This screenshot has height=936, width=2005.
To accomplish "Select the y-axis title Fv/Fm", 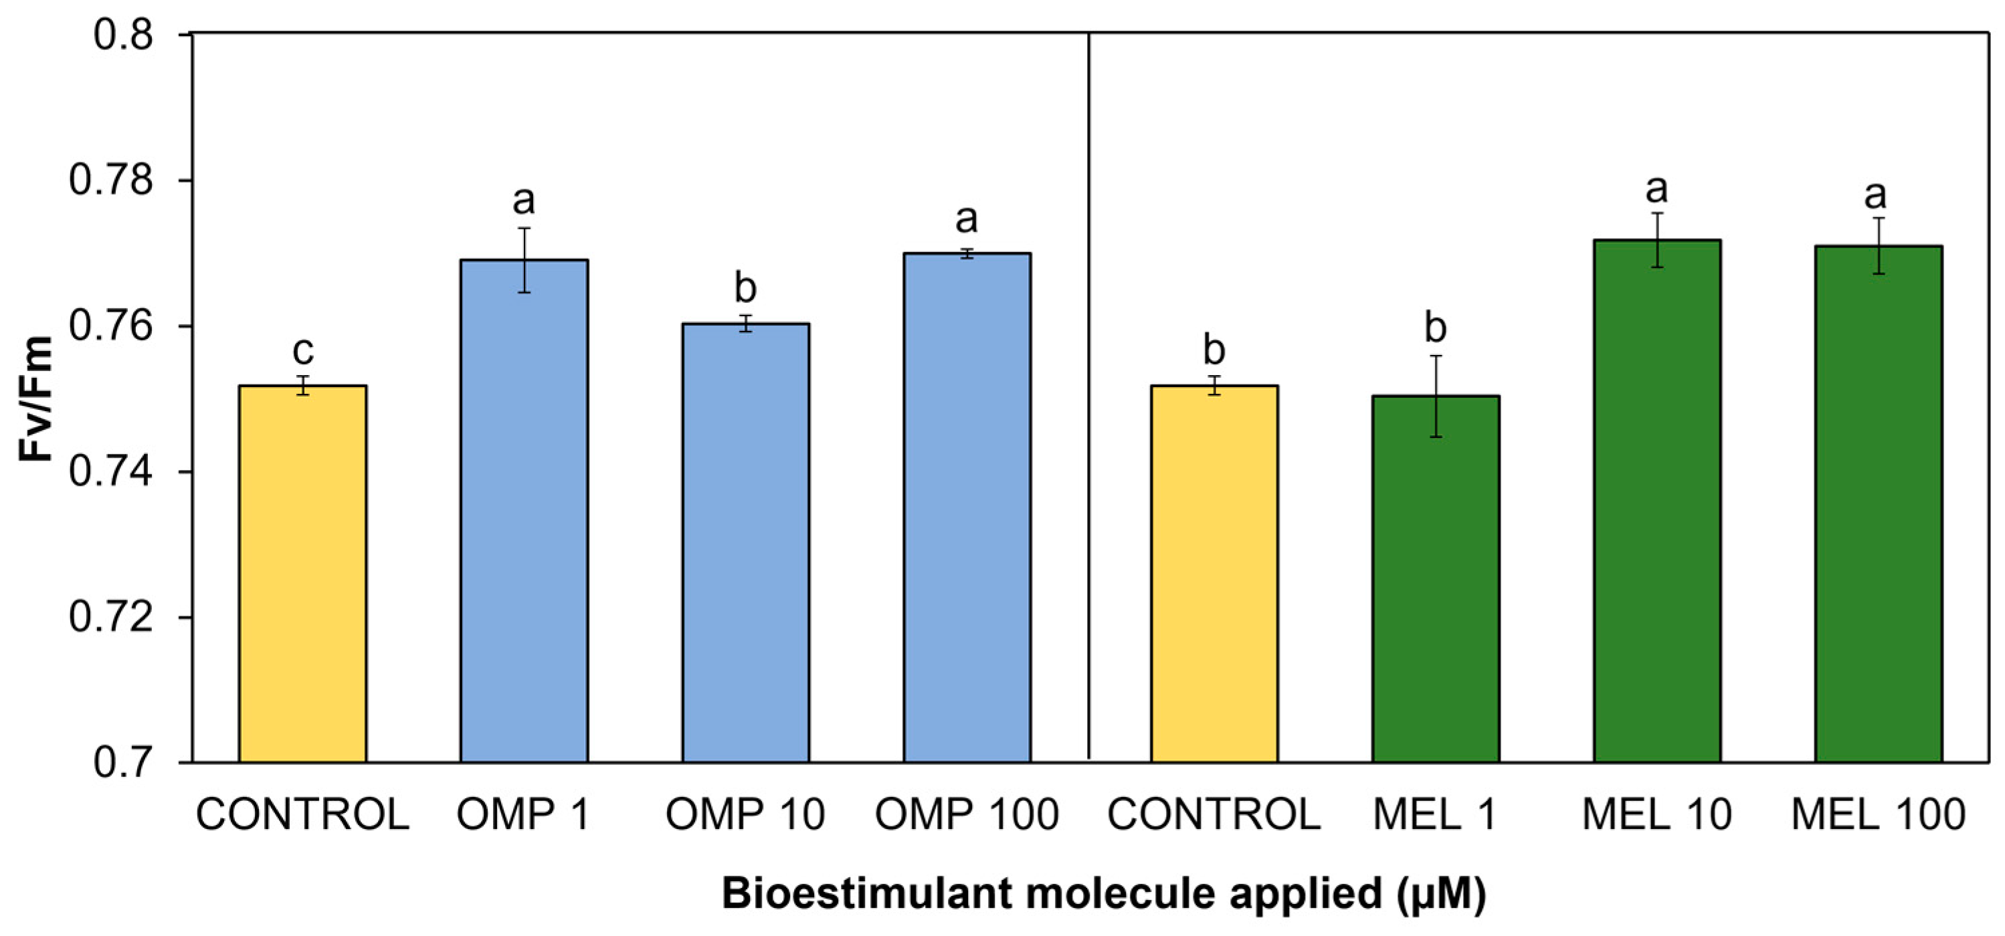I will [35, 399].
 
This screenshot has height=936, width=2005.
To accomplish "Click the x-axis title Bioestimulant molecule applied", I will [1104, 893].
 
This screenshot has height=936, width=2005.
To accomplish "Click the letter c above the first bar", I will [303, 351].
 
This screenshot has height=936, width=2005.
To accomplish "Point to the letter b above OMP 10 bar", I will [746, 288].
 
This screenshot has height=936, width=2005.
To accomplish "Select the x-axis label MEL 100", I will [1878, 814].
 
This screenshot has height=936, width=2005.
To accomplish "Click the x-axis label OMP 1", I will [524, 814].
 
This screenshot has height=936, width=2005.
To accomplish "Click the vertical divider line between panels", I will [1088, 389].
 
